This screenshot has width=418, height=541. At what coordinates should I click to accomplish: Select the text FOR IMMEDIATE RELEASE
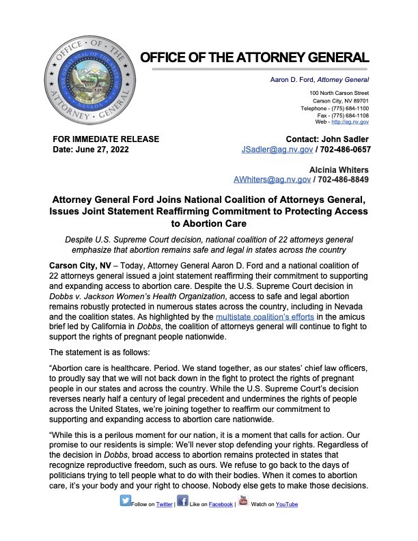(x=106, y=139)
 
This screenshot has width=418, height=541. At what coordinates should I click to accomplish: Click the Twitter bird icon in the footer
(x=126, y=500)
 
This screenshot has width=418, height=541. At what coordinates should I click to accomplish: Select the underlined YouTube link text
(x=286, y=505)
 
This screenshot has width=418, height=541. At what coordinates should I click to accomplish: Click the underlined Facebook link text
(x=220, y=505)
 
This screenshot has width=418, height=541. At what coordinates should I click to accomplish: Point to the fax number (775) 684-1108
(x=345, y=115)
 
